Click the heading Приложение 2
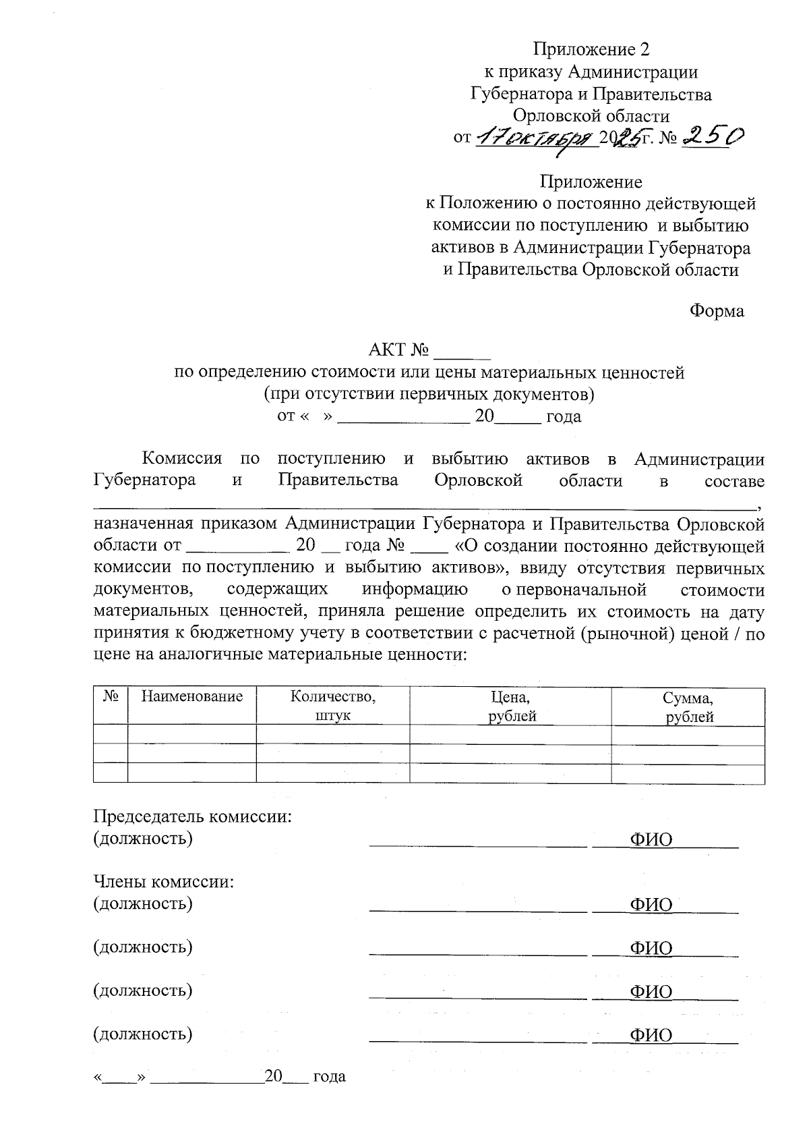point(591,49)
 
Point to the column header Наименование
point(192,697)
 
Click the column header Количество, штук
point(332,706)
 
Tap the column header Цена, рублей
point(510,706)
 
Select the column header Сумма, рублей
point(688,706)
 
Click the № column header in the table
point(111,697)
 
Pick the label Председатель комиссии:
point(193,816)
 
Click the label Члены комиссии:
point(163,881)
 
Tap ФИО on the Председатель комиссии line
point(651,839)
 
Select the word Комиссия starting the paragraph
point(182,459)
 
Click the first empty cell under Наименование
point(192,735)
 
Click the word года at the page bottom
point(330,1076)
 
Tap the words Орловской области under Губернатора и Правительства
point(591,116)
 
